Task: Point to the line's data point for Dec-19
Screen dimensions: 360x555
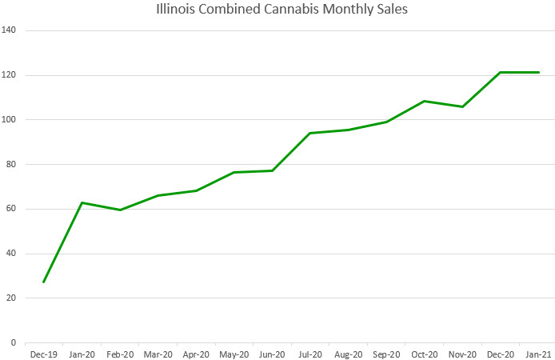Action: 44,282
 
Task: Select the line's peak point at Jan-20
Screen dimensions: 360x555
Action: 82,202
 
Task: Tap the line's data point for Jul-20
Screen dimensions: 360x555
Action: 310,133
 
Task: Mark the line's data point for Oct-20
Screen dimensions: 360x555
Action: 425,101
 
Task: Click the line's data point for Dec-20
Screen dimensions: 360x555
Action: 501,73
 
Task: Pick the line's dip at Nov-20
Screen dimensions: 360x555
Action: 462,106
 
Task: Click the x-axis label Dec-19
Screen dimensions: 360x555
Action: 44,354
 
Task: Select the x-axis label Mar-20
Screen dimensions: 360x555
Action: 158,354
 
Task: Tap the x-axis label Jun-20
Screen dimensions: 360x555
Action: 272,354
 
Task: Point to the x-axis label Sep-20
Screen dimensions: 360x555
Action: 386,354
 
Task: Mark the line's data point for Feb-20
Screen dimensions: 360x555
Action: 120,210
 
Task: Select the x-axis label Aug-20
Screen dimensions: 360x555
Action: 348,354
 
